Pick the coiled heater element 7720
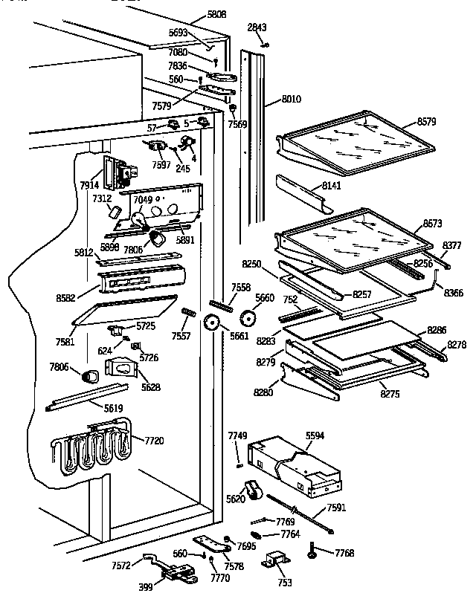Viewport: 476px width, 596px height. pos(89,450)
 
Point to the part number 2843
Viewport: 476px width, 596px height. pos(257,27)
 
